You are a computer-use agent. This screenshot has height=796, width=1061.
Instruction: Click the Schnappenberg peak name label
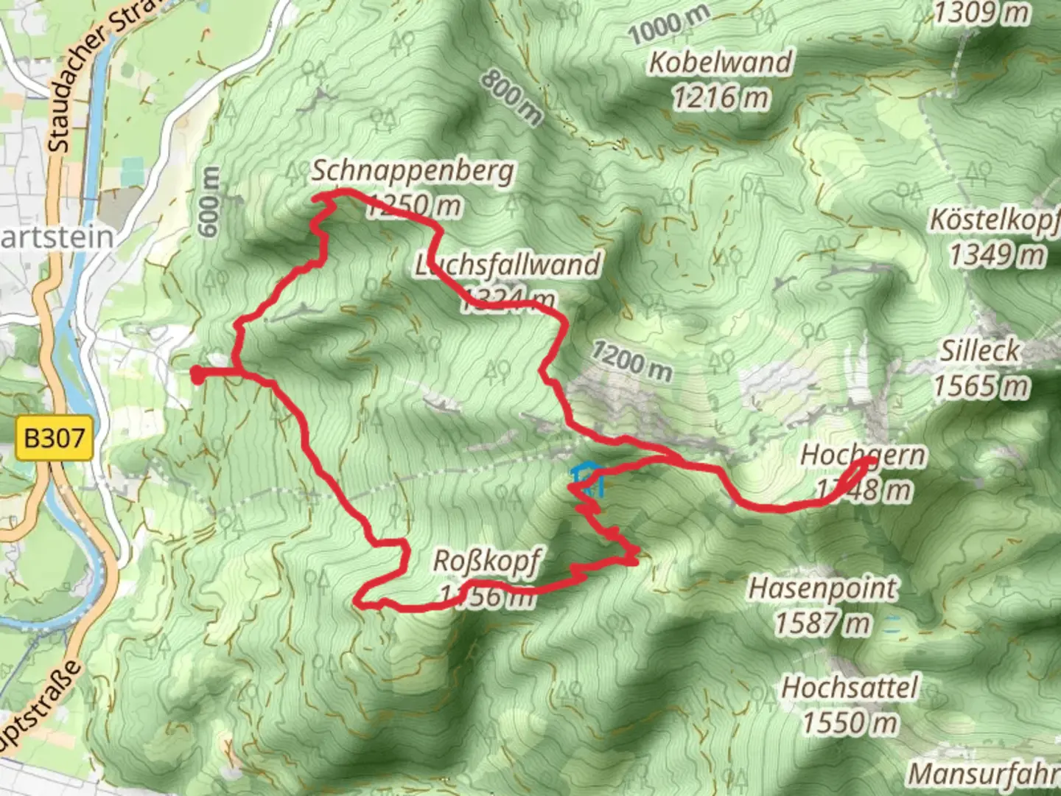(413, 172)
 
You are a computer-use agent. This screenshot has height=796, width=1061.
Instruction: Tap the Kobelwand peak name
(720, 63)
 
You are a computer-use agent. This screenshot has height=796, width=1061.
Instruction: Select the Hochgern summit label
(862, 455)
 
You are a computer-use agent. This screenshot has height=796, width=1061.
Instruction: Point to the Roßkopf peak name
(486, 562)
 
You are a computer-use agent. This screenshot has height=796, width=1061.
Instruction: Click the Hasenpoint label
(822, 589)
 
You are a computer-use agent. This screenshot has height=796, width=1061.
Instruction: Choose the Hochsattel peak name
(850, 688)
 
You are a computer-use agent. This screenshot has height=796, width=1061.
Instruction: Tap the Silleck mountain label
(979, 352)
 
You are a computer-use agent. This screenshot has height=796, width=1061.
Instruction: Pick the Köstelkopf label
(995, 220)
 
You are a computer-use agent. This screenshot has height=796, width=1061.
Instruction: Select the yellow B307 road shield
(54, 439)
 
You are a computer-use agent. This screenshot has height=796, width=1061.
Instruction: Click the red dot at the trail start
(197, 374)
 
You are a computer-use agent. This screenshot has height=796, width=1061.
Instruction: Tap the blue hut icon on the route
(588, 478)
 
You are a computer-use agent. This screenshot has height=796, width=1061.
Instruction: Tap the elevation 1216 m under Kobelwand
(720, 98)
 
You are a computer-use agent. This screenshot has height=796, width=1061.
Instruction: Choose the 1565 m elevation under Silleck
(981, 385)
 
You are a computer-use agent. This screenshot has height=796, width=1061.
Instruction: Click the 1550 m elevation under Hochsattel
(850, 723)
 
